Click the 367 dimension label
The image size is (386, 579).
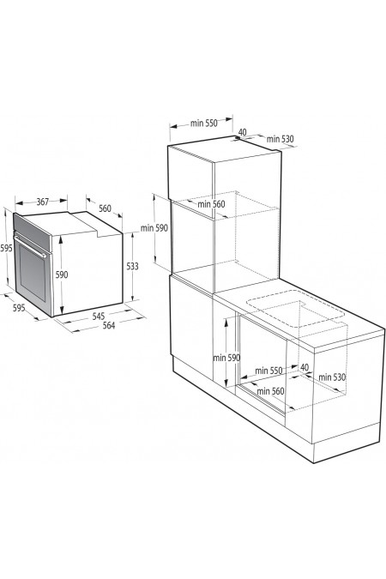tap(42, 202)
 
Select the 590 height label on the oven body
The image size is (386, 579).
tap(62, 274)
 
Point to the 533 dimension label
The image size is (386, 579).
tap(132, 266)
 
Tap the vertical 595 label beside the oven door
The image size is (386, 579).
tap(6, 248)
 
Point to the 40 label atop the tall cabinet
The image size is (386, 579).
tap(243, 132)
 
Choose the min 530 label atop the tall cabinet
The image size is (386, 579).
tap(280, 139)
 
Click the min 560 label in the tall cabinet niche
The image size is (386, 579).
tap(211, 204)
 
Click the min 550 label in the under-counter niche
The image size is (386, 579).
tap(268, 371)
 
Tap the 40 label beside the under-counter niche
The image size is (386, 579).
tap(305, 367)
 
